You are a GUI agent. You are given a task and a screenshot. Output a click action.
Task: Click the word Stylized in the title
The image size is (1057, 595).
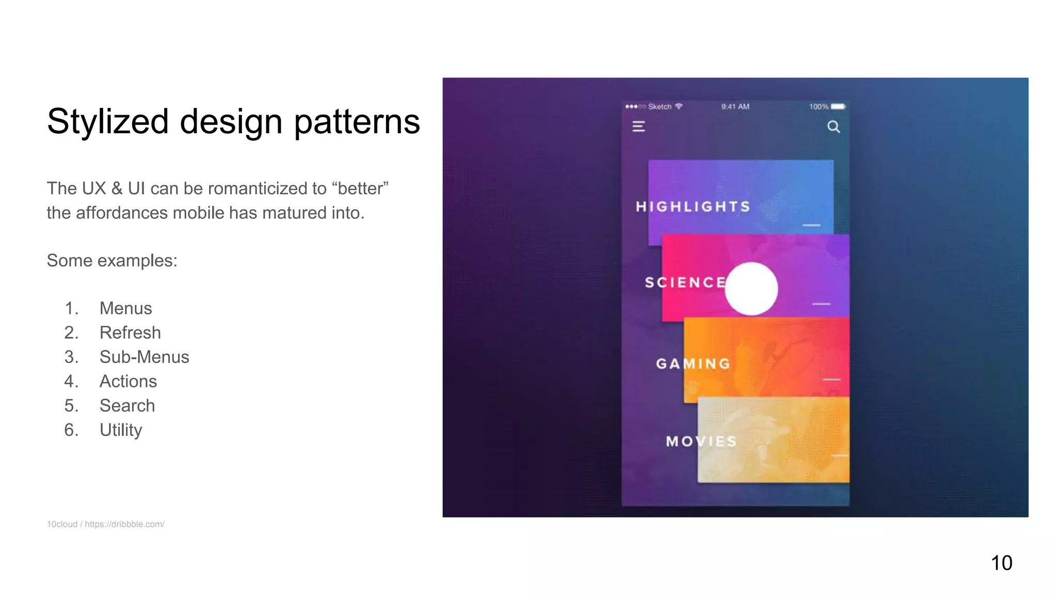[108, 122]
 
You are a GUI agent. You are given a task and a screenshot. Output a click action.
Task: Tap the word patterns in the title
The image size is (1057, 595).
[357, 122]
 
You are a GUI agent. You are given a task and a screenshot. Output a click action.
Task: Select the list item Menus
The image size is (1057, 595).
[125, 308]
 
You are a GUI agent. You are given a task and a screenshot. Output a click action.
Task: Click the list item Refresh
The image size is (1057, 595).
[130, 333]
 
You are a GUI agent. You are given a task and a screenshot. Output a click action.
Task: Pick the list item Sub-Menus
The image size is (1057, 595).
[144, 357]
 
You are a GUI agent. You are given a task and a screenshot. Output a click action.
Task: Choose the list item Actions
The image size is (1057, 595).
[128, 381]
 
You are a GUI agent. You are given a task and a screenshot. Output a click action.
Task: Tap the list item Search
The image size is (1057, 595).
[127, 405]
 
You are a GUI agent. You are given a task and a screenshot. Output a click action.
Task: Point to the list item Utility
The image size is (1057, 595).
[121, 430]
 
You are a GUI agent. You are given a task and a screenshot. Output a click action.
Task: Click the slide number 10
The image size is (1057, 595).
[1001, 563]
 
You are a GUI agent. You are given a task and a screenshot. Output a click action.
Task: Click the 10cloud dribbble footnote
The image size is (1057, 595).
[105, 524]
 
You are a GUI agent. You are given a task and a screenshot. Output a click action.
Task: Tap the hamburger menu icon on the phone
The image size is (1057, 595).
[638, 127]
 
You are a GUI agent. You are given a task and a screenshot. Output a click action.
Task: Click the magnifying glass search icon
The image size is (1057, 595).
[834, 127]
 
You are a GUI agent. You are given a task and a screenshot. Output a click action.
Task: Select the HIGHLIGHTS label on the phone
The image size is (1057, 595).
[693, 207]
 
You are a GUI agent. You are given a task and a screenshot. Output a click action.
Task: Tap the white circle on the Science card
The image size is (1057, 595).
[751, 289]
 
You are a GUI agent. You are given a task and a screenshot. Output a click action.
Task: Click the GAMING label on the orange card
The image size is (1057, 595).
[693, 364]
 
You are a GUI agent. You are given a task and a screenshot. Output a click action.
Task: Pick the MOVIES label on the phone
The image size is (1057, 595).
[701, 442]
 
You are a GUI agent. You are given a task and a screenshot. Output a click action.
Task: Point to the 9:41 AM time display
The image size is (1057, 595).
[735, 107]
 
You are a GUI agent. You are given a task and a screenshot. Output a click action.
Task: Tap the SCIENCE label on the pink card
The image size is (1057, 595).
[685, 283]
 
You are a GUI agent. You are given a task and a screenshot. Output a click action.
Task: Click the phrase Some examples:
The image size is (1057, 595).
[112, 261]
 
